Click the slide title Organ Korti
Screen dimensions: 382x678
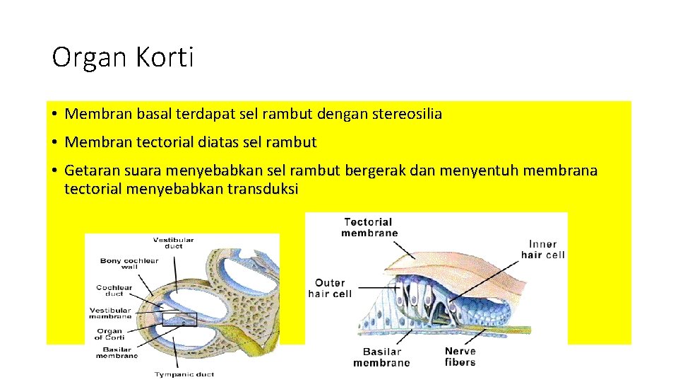click(x=122, y=57)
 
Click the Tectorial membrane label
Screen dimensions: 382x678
click(x=369, y=227)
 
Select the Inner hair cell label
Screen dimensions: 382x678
click(x=542, y=250)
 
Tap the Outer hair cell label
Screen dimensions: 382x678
click(x=329, y=289)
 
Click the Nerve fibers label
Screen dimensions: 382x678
click(x=460, y=357)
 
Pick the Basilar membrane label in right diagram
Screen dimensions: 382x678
click(x=381, y=357)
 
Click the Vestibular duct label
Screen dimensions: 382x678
click(x=173, y=243)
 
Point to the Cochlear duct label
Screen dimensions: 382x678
click(x=114, y=291)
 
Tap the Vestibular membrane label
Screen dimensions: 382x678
click(x=110, y=313)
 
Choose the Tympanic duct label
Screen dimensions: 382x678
click(x=184, y=374)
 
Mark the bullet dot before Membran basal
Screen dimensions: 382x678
click(x=54, y=114)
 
